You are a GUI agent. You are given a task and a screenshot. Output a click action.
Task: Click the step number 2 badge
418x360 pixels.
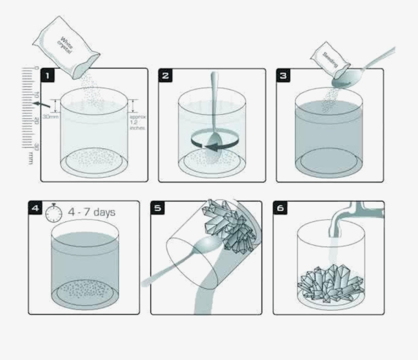[x=166, y=76]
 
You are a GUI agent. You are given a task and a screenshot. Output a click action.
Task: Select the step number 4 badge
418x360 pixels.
[x=35, y=208]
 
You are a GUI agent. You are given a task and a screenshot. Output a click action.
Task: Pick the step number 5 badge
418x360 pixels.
[x=158, y=208]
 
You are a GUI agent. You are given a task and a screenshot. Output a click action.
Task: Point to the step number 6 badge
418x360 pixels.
[x=280, y=208]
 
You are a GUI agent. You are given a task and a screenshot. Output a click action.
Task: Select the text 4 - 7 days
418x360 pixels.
[x=91, y=212]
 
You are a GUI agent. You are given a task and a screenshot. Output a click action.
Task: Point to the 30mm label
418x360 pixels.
[x=49, y=116]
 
